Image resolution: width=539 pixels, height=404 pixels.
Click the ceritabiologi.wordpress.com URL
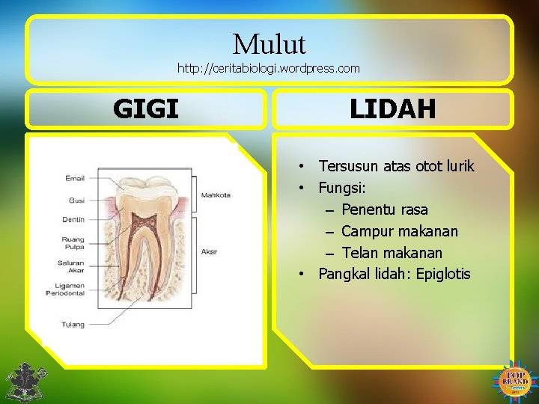(269, 68)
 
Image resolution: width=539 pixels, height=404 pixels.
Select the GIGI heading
(146, 109)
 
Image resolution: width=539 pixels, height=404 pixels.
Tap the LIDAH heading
(392, 109)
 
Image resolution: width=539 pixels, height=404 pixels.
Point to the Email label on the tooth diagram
(75, 178)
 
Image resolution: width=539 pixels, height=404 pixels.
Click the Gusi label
(76, 201)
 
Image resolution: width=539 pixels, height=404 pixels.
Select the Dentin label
(73, 220)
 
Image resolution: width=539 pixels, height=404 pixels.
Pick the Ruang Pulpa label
(73, 243)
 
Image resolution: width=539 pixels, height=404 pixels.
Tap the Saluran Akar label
(72, 266)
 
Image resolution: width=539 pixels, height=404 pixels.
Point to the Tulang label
(73, 324)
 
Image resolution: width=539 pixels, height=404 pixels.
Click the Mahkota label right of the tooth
(216, 195)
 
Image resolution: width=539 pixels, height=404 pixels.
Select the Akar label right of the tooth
(209, 252)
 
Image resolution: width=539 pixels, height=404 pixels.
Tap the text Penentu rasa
(385, 209)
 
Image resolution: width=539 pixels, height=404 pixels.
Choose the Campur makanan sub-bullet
(400, 231)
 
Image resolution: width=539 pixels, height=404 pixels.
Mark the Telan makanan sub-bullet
(392, 253)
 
